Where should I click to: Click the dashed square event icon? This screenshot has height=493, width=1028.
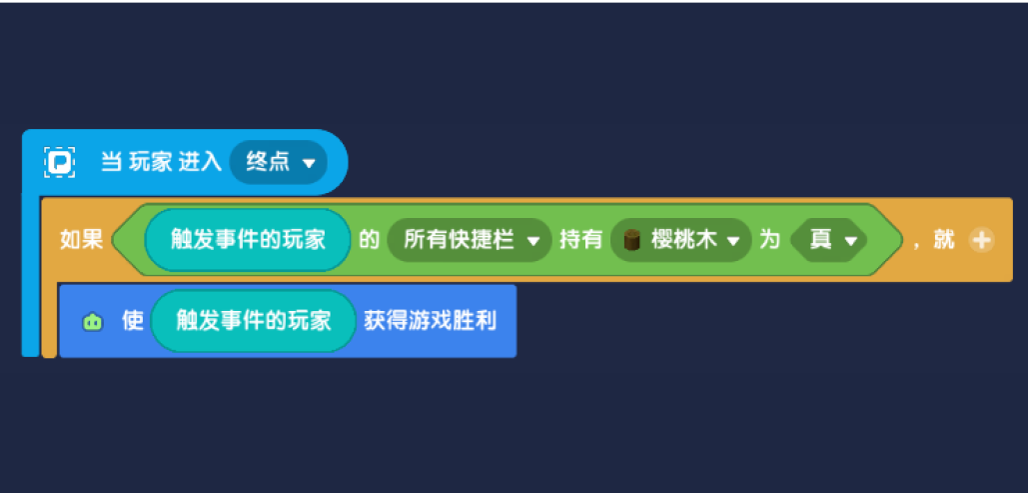60,161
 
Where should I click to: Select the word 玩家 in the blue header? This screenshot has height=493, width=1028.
150,161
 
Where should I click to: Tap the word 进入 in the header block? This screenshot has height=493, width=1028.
200,161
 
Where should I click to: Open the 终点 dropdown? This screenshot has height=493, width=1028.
279,161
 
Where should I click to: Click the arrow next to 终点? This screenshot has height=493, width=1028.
309,163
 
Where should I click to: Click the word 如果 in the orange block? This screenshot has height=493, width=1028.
81,240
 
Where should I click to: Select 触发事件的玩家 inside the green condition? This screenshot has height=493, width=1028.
248,240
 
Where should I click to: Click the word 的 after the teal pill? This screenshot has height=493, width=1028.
368,240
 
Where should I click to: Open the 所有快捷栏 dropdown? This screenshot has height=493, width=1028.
469,240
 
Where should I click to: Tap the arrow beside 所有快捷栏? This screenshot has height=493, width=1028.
533,242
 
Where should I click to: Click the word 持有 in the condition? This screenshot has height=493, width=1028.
580,240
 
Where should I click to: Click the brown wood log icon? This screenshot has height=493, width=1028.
632,240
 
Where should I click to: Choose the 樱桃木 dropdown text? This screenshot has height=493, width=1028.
681,240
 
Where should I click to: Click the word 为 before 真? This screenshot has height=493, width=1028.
768,240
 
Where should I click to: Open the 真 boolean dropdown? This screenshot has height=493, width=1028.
829,240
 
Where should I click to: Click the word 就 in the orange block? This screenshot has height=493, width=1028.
944,240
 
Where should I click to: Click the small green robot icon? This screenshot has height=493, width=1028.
93,322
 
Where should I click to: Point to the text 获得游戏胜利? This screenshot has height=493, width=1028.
430,322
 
